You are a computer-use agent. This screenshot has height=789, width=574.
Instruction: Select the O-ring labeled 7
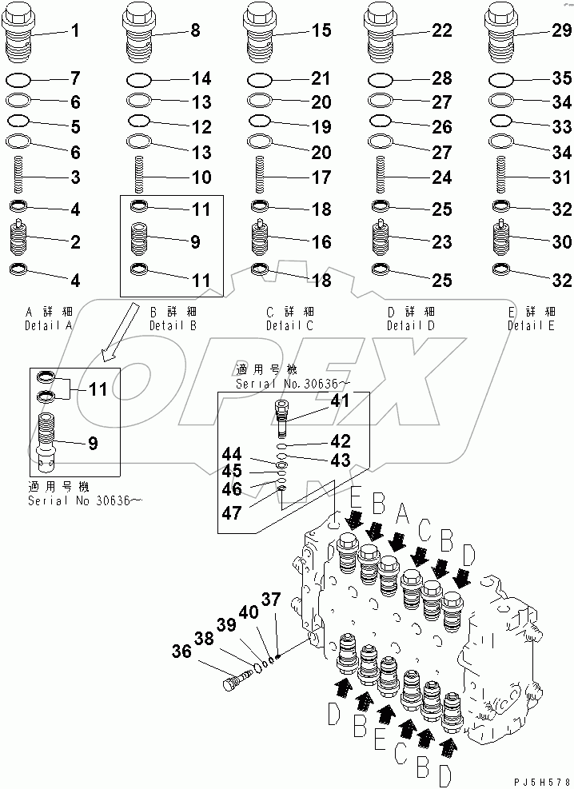(19, 80)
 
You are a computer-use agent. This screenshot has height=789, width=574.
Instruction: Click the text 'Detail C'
(290, 326)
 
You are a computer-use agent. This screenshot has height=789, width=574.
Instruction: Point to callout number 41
(341, 401)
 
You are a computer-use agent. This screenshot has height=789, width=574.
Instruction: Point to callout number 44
(233, 454)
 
